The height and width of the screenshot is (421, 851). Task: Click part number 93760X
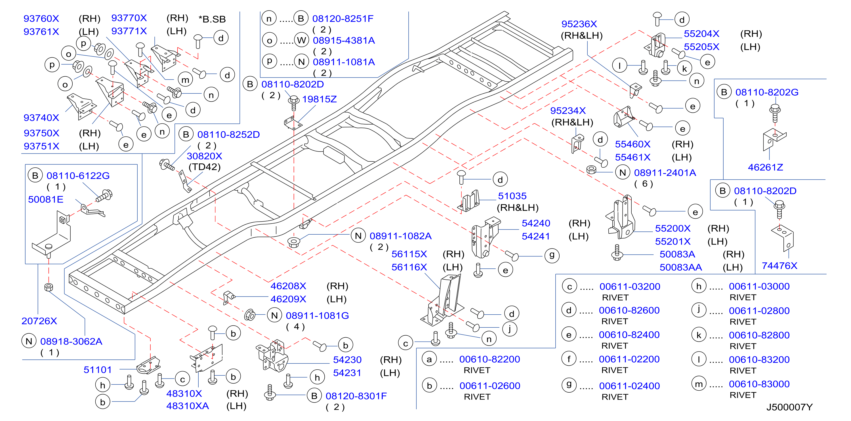41,18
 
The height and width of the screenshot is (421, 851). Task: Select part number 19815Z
320,99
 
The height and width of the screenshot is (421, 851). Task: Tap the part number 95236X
579,24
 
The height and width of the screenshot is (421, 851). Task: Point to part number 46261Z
765,167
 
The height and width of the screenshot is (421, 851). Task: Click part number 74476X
779,266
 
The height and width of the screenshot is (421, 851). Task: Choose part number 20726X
39,321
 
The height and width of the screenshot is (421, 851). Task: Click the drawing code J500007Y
789,407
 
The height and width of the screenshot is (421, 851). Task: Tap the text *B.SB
212,19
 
